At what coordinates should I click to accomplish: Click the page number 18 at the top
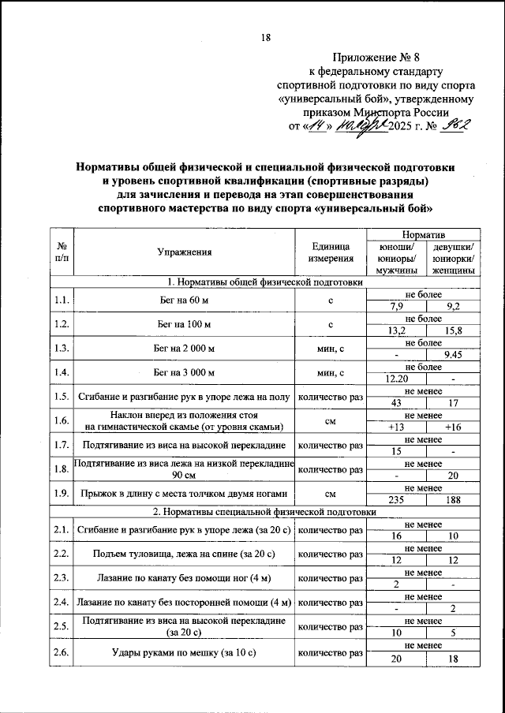(266, 36)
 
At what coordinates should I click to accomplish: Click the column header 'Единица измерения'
(331, 252)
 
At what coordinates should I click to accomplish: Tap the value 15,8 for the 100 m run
(453, 330)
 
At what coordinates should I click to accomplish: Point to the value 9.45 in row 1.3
(453, 355)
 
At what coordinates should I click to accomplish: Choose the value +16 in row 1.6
(453, 427)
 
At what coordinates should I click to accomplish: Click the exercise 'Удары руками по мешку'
(184, 652)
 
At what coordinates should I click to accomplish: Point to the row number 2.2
(62, 554)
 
